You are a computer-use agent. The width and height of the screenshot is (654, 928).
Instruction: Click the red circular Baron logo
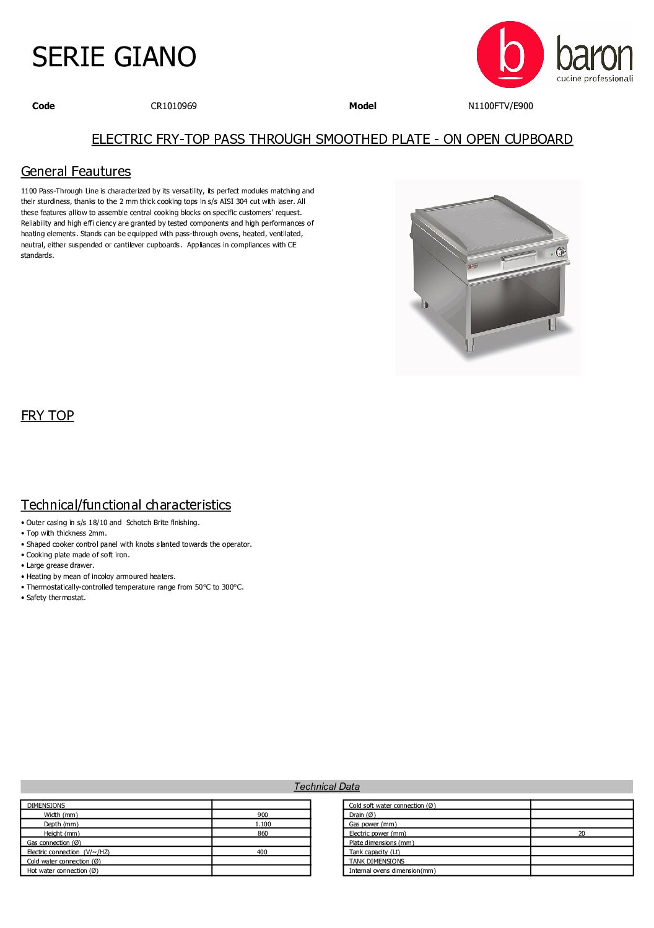(510, 55)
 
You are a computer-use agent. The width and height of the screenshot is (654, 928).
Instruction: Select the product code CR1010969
(173, 106)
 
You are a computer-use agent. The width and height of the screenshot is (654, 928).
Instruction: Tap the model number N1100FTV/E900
(500, 106)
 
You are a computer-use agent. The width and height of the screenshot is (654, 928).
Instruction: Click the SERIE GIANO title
(114, 57)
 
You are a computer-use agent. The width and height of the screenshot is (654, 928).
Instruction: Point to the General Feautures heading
(76, 172)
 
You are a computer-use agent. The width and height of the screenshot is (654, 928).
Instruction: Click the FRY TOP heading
(47, 416)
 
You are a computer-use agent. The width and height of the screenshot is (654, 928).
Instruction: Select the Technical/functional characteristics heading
(126, 505)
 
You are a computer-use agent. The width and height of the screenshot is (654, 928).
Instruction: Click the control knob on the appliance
(560, 252)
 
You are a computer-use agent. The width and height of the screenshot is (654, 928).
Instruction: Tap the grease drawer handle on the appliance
(519, 256)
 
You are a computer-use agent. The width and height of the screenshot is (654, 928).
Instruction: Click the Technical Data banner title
(326, 787)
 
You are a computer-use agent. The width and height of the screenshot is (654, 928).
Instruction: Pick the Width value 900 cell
(263, 815)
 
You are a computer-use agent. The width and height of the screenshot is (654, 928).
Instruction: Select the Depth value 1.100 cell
(263, 824)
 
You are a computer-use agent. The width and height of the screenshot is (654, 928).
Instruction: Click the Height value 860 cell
(263, 834)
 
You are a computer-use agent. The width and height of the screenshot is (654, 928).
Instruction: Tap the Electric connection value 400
(262, 852)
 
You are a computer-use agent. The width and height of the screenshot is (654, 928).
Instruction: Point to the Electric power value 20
(582, 834)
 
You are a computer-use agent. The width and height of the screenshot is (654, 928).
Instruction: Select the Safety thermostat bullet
(56, 598)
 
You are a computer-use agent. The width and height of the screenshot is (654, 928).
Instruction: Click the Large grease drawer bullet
(60, 566)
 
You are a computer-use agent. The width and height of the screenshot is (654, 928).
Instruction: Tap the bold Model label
(362, 106)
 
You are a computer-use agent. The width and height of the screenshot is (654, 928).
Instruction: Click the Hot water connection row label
(63, 871)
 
